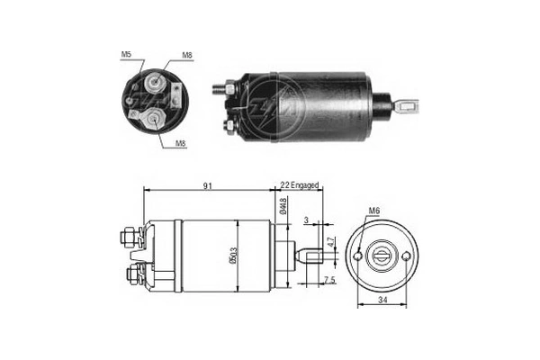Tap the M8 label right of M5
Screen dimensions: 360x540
click(x=186, y=56)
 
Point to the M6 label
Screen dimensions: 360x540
click(x=374, y=212)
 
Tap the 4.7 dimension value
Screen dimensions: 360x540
click(x=330, y=240)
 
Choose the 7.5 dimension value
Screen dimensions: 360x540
click(x=328, y=281)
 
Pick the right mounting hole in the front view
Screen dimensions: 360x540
click(x=410, y=256)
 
